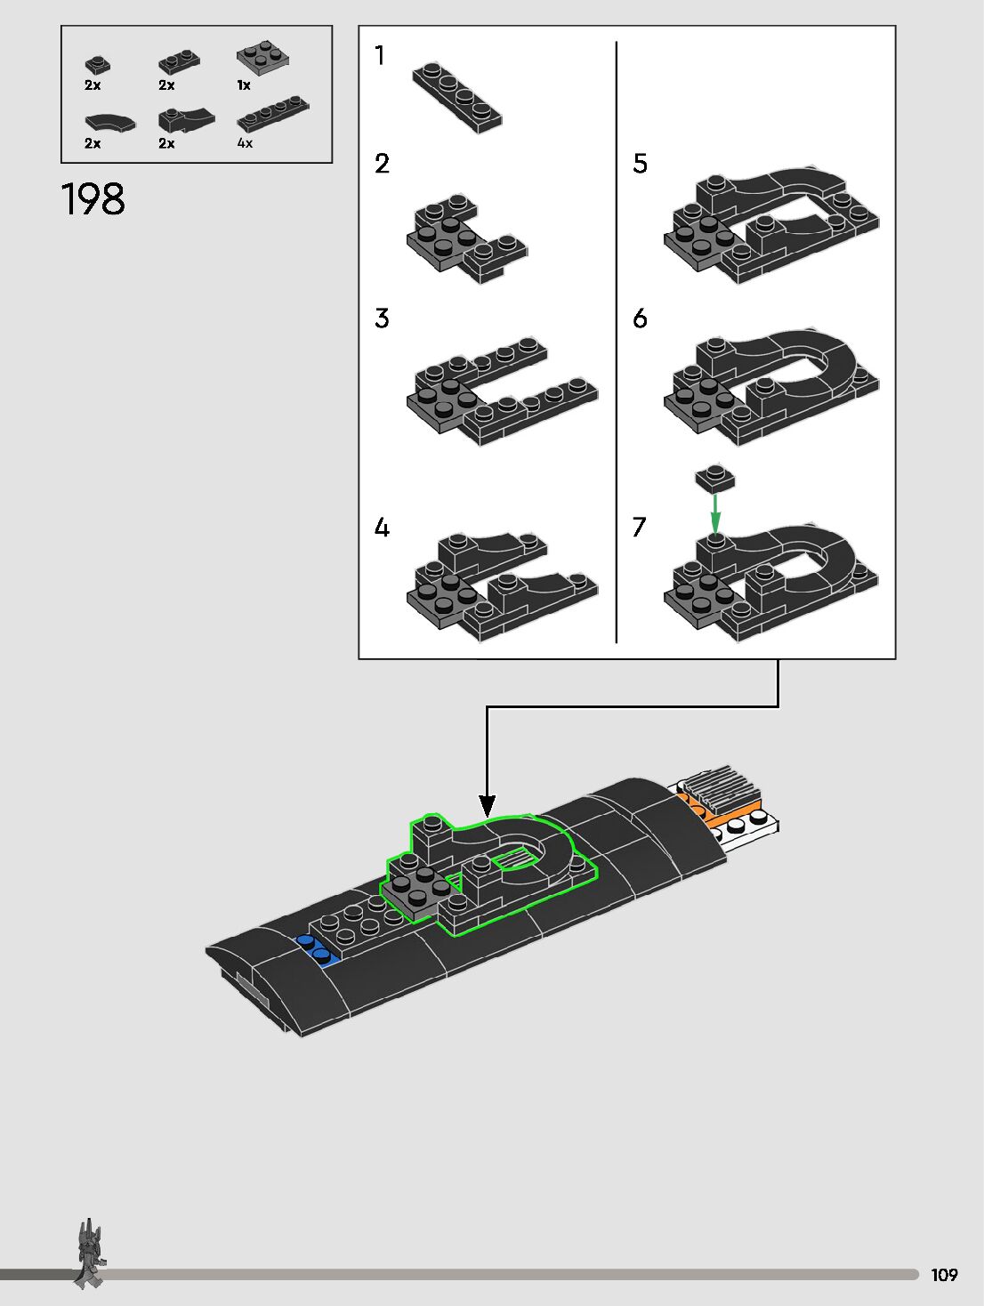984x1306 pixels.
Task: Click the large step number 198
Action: pos(93,199)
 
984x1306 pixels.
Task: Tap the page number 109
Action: pos(944,1275)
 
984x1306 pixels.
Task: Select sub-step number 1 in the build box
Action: pos(380,56)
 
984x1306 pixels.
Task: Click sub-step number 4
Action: pos(382,528)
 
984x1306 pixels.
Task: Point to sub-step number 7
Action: pos(639,528)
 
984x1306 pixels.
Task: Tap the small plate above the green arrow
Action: pos(715,478)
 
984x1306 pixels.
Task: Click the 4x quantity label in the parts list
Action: pos(245,143)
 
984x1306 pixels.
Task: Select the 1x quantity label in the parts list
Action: pos(244,85)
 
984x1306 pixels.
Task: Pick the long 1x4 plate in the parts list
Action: pos(273,114)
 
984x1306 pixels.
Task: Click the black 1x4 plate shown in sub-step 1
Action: pos(456,97)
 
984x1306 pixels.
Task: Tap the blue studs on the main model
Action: pos(317,950)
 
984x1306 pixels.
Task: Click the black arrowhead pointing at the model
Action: pos(487,806)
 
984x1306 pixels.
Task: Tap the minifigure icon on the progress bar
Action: pos(89,1254)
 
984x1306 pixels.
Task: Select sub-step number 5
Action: pos(640,164)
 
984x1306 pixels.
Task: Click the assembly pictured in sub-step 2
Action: pos(464,238)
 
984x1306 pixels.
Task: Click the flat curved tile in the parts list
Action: pos(109,122)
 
